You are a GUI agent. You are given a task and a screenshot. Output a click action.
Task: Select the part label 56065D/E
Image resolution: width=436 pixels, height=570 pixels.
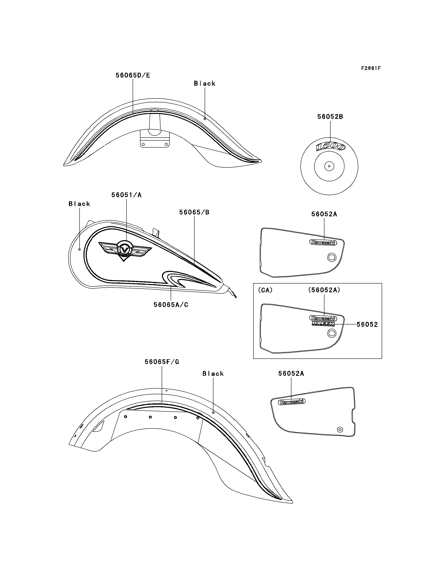pyautogui.click(x=133, y=75)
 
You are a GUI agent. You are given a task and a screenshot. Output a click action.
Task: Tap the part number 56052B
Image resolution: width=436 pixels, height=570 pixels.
pyautogui.click(x=330, y=117)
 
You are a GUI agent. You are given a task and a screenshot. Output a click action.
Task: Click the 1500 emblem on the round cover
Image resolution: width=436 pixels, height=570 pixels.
pyautogui.click(x=330, y=147)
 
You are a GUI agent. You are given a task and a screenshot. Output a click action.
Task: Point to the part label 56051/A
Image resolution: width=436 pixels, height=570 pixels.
pyautogui.click(x=126, y=195)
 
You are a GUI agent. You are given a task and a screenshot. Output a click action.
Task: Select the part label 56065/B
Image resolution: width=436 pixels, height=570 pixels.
pyautogui.click(x=194, y=212)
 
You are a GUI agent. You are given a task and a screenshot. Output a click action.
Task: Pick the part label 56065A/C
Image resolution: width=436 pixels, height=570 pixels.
pyautogui.click(x=171, y=305)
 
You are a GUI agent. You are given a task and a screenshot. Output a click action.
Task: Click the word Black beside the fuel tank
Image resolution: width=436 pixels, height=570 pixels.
pyautogui.click(x=79, y=204)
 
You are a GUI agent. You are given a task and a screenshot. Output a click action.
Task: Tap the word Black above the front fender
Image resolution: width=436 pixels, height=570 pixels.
pyautogui.click(x=204, y=84)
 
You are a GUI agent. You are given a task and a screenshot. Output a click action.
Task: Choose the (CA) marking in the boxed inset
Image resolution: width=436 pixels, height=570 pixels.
pyautogui.click(x=265, y=290)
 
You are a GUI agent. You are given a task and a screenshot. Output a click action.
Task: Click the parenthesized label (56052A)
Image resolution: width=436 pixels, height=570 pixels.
pyautogui.click(x=324, y=290)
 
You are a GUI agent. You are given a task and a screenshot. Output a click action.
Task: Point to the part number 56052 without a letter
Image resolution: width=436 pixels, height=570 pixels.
pyautogui.click(x=367, y=324)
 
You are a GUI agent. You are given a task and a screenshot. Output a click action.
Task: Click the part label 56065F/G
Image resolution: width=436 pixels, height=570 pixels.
pyautogui.click(x=162, y=362)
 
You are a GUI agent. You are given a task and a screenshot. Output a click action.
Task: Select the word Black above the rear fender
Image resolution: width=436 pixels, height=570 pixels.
pyautogui.click(x=213, y=374)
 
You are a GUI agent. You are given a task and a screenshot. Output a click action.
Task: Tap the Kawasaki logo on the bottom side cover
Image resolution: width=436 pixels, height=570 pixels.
pyautogui.click(x=292, y=402)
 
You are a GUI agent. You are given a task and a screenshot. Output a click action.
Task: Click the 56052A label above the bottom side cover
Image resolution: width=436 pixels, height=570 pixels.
pyautogui.click(x=291, y=374)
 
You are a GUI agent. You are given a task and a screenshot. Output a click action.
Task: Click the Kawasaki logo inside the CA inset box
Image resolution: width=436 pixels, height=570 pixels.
pyautogui.click(x=323, y=318)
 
